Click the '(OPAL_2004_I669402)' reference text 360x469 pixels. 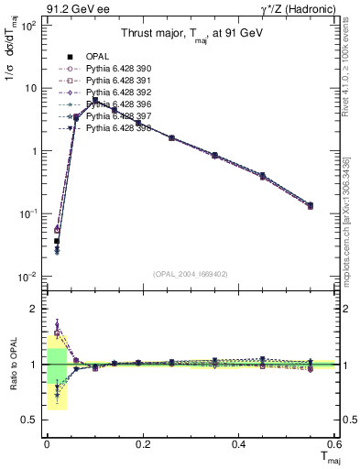click(x=190, y=273)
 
